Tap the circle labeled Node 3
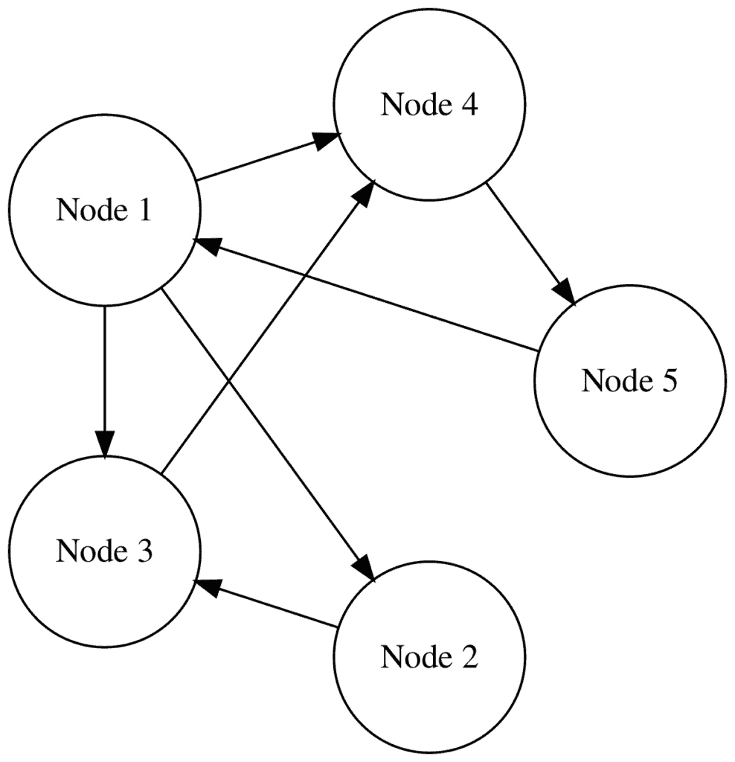104,551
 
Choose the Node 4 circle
429,105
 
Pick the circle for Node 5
629,381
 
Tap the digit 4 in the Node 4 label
468,105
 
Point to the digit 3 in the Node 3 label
143,551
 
